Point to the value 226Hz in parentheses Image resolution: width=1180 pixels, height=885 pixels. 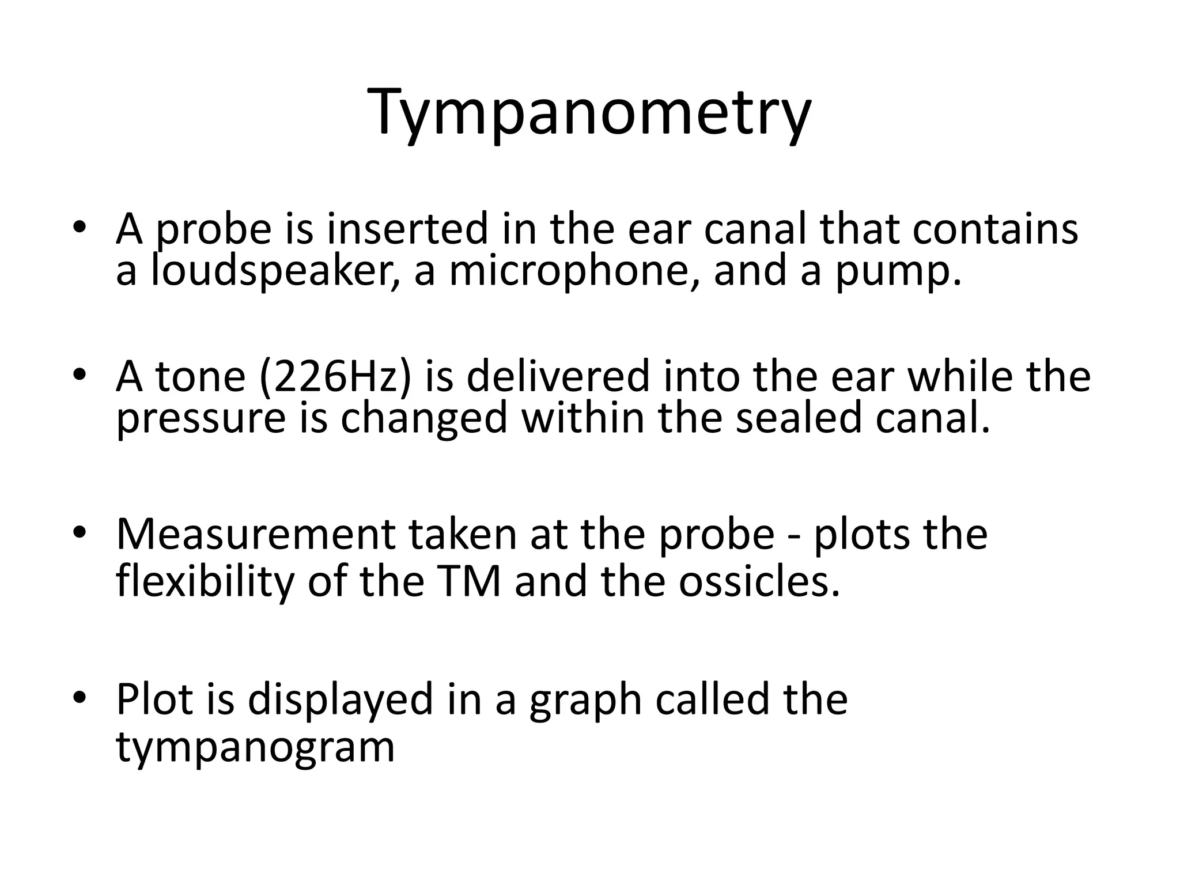(x=336, y=376)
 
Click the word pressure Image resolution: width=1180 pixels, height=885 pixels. (x=201, y=420)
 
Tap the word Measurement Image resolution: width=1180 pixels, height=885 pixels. (x=255, y=535)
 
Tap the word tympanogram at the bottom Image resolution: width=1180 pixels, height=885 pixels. (x=255, y=748)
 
